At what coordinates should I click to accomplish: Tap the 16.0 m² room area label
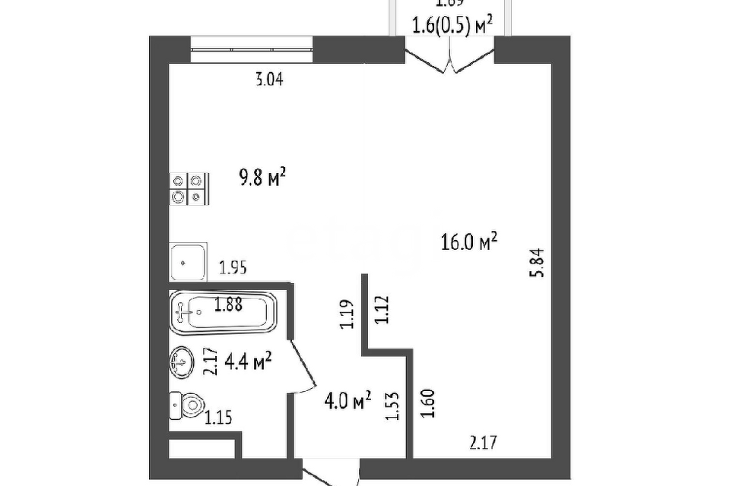tap(469, 241)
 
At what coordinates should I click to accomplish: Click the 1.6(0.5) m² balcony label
tap(451, 26)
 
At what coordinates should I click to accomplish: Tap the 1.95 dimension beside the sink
tap(233, 267)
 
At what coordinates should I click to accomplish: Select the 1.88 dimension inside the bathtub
tap(228, 306)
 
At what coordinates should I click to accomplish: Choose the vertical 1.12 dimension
tap(382, 310)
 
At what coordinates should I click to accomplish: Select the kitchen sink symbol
tap(187, 261)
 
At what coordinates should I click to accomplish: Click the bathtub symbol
tap(222, 311)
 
